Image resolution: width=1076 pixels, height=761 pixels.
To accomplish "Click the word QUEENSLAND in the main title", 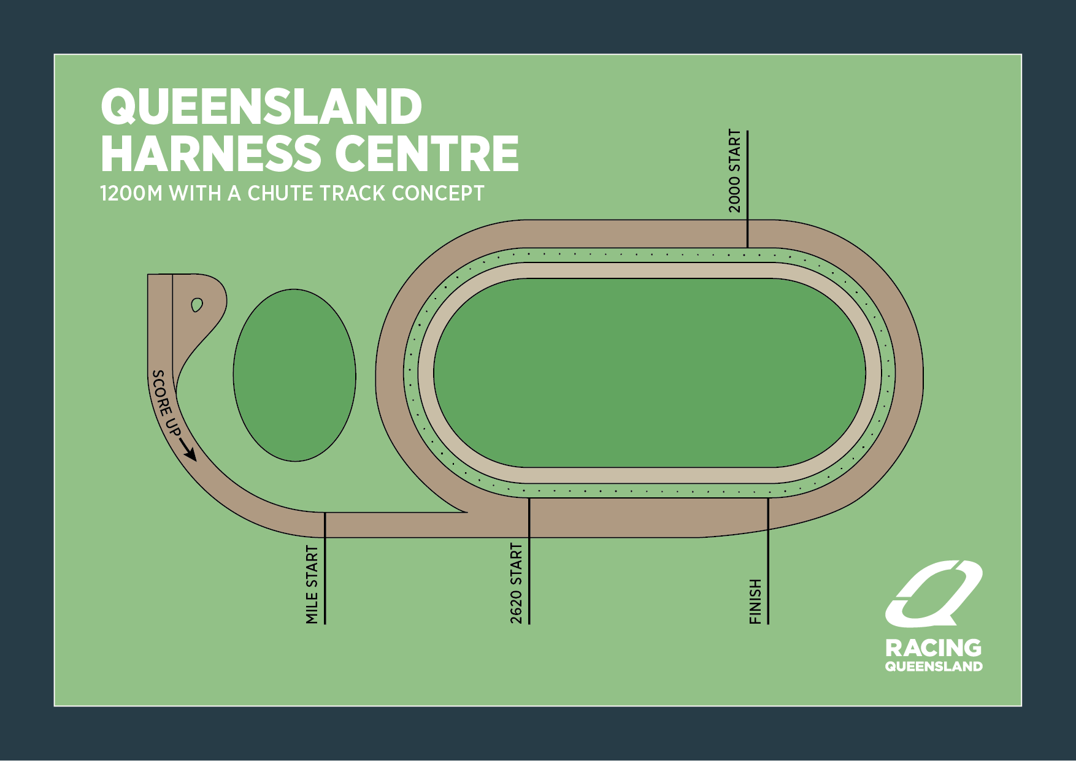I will (x=261, y=107).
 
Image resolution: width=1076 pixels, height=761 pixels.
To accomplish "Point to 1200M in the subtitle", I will (x=131, y=194).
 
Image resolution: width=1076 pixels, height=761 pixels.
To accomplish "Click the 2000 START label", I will (x=735, y=171).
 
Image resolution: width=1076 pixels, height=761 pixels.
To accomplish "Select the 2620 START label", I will (x=517, y=583).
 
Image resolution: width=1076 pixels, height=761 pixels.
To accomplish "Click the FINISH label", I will (x=755, y=602).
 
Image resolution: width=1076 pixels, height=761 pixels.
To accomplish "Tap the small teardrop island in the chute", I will (x=197, y=305).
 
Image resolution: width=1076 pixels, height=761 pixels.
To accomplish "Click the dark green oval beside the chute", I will (x=294, y=375).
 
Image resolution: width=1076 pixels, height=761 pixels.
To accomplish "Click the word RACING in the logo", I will (x=933, y=648).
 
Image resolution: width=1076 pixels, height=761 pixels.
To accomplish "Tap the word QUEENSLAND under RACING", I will (x=933, y=667).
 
